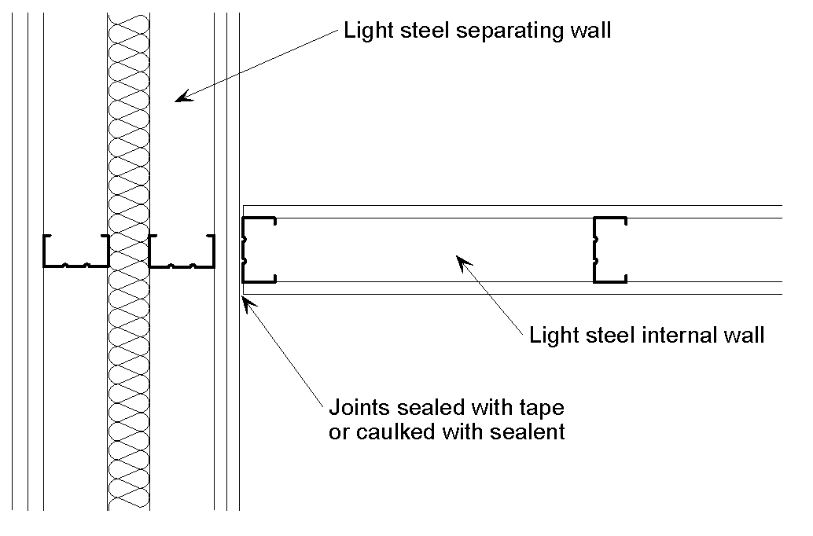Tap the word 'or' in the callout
[337, 431]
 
